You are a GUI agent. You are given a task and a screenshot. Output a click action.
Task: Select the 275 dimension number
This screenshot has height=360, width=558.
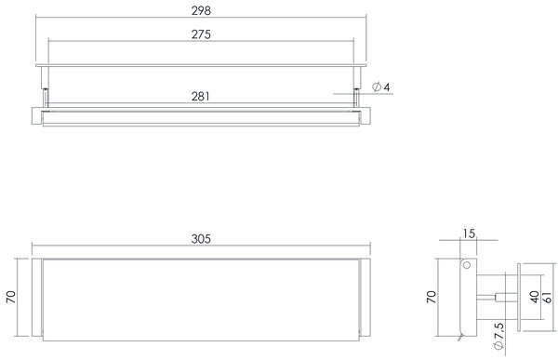pyautogui.click(x=202, y=33)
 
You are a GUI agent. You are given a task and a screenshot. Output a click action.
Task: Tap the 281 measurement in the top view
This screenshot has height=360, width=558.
pyautogui.click(x=202, y=96)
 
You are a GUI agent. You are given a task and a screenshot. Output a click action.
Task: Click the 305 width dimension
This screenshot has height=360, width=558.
pyautogui.click(x=202, y=239)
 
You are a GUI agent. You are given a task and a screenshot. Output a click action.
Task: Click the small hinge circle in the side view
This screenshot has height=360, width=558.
pyautogui.click(x=468, y=268)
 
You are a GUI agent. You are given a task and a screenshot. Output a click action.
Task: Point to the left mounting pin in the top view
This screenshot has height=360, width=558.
pyautogui.click(x=46, y=94)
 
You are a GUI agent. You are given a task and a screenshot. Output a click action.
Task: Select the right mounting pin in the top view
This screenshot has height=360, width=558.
pyautogui.click(x=358, y=94)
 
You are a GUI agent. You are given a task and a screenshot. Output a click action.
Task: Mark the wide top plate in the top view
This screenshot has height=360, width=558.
pyautogui.click(x=202, y=67)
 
